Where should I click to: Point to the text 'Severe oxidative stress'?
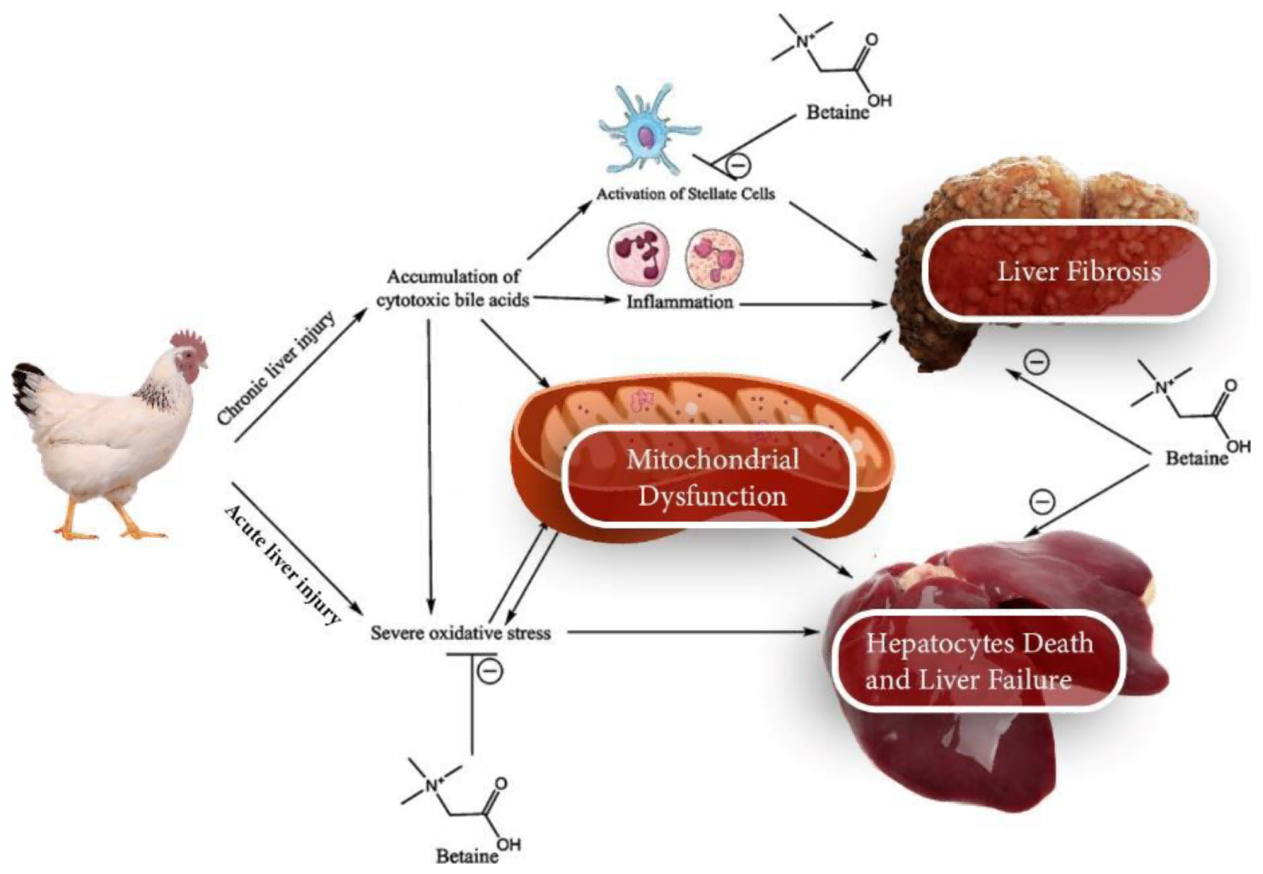461,633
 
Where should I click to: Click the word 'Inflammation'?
680,302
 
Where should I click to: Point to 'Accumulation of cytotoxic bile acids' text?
453,288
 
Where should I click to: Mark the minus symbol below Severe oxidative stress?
490,671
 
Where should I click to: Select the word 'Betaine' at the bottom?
467,855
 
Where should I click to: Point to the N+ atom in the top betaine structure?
803,41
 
